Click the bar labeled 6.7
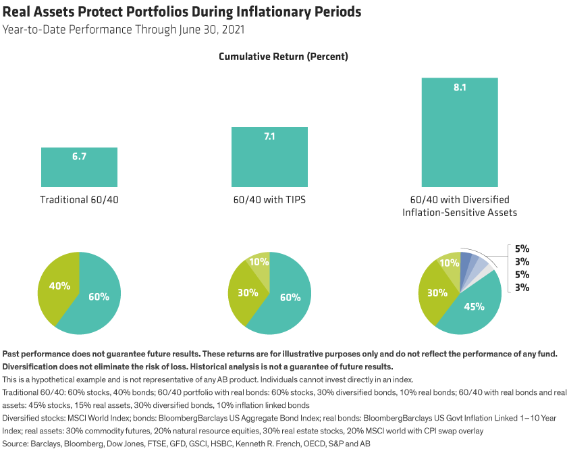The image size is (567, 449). coord(79,165)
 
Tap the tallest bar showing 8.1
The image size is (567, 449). coord(460,132)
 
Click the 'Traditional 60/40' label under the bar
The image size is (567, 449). coord(79,201)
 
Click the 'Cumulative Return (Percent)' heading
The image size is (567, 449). coord(283,57)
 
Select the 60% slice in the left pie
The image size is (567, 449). coord(98,297)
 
